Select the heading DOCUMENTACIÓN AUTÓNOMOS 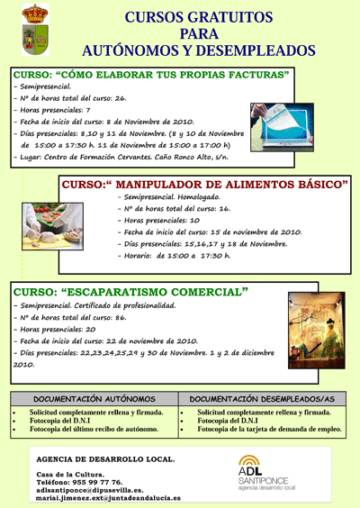pos(94,397)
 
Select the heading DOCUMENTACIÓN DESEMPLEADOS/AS pos(263,397)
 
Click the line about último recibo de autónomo pos(86,430)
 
